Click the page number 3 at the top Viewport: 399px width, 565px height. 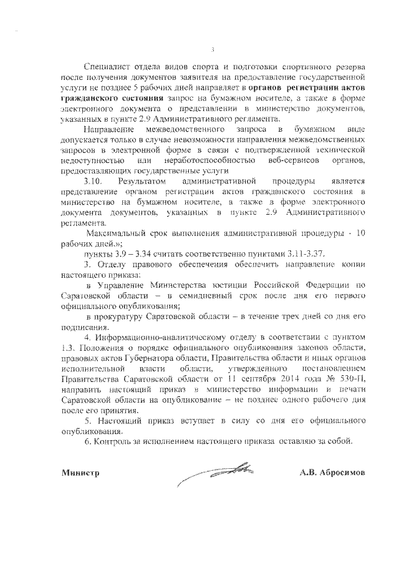(x=213, y=50)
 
